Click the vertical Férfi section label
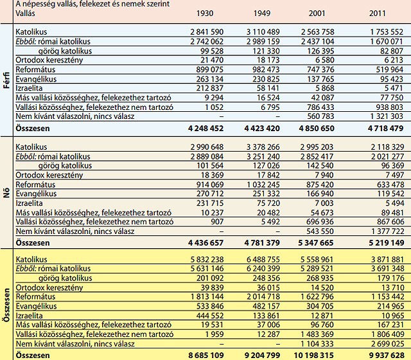(6, 78)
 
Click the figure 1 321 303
(384, 116)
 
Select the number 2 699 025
(384, 344)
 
